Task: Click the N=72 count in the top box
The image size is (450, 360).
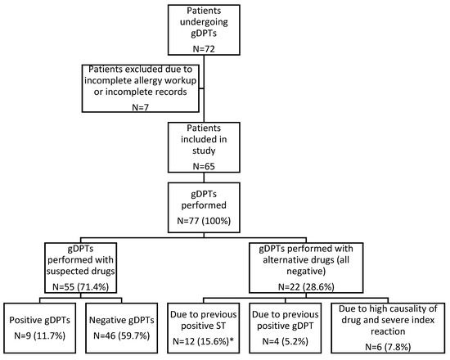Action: click(204, 49)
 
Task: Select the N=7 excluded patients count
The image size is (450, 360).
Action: click(141, 107)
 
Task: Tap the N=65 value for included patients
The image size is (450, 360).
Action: click(204, 166)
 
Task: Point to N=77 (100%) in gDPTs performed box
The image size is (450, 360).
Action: click(204, 221)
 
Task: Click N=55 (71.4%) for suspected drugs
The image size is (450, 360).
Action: click(81, 287)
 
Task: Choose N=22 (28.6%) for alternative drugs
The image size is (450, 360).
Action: click(306, 287)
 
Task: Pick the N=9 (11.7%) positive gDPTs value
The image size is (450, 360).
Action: click(40, 335)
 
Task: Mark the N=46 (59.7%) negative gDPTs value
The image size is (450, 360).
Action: click(122, 335)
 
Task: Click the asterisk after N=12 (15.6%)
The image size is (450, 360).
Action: click(232, 340)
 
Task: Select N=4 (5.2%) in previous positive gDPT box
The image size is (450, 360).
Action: click(286, 341)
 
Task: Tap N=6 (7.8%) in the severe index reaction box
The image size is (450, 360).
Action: click(388, 347)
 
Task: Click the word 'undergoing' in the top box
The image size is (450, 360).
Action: click(204, 23)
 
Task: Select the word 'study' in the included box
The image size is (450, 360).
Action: click(204, 151)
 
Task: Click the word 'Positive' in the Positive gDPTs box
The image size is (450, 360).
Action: click(26, 320)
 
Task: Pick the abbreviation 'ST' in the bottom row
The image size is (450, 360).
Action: click(221, 326)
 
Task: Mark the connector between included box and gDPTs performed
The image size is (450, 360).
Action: click(204, 178)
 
